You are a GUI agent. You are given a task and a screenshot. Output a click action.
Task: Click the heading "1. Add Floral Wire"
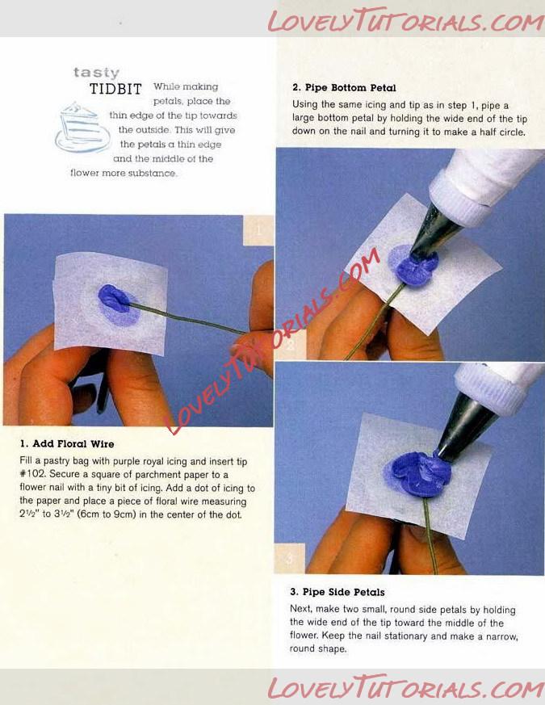(x=66, y=444)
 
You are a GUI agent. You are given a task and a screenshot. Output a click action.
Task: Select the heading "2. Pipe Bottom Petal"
(x=344, y=88)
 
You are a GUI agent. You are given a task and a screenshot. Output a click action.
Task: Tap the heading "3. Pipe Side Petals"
(x=337, y=592)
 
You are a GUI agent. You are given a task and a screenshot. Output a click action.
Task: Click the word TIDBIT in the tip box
(x=115, y=89)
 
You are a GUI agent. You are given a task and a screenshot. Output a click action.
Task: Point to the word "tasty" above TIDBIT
(x=96, y=73)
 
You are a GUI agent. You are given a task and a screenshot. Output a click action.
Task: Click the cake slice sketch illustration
(x=82, y=128)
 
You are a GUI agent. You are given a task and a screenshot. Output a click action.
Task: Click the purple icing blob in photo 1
(x=113, y=298)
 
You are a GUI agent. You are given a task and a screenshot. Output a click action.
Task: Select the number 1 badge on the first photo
(x=258, y=230)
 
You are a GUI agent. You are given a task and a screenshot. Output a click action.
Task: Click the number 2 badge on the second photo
(x=291, y=345)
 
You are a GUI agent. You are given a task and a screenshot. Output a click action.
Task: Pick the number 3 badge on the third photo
(x=290, y=558)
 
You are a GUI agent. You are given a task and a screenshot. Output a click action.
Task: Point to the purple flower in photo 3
(x=421, y=474)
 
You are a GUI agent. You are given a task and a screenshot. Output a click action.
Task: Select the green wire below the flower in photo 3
(x=430, y=536)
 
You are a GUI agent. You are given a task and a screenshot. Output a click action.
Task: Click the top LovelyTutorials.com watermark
(x=405, y=20)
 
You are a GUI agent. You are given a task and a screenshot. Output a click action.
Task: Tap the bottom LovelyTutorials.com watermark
(x=405, y=688)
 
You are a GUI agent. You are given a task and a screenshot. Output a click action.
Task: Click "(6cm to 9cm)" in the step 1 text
(x=106, y=514)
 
